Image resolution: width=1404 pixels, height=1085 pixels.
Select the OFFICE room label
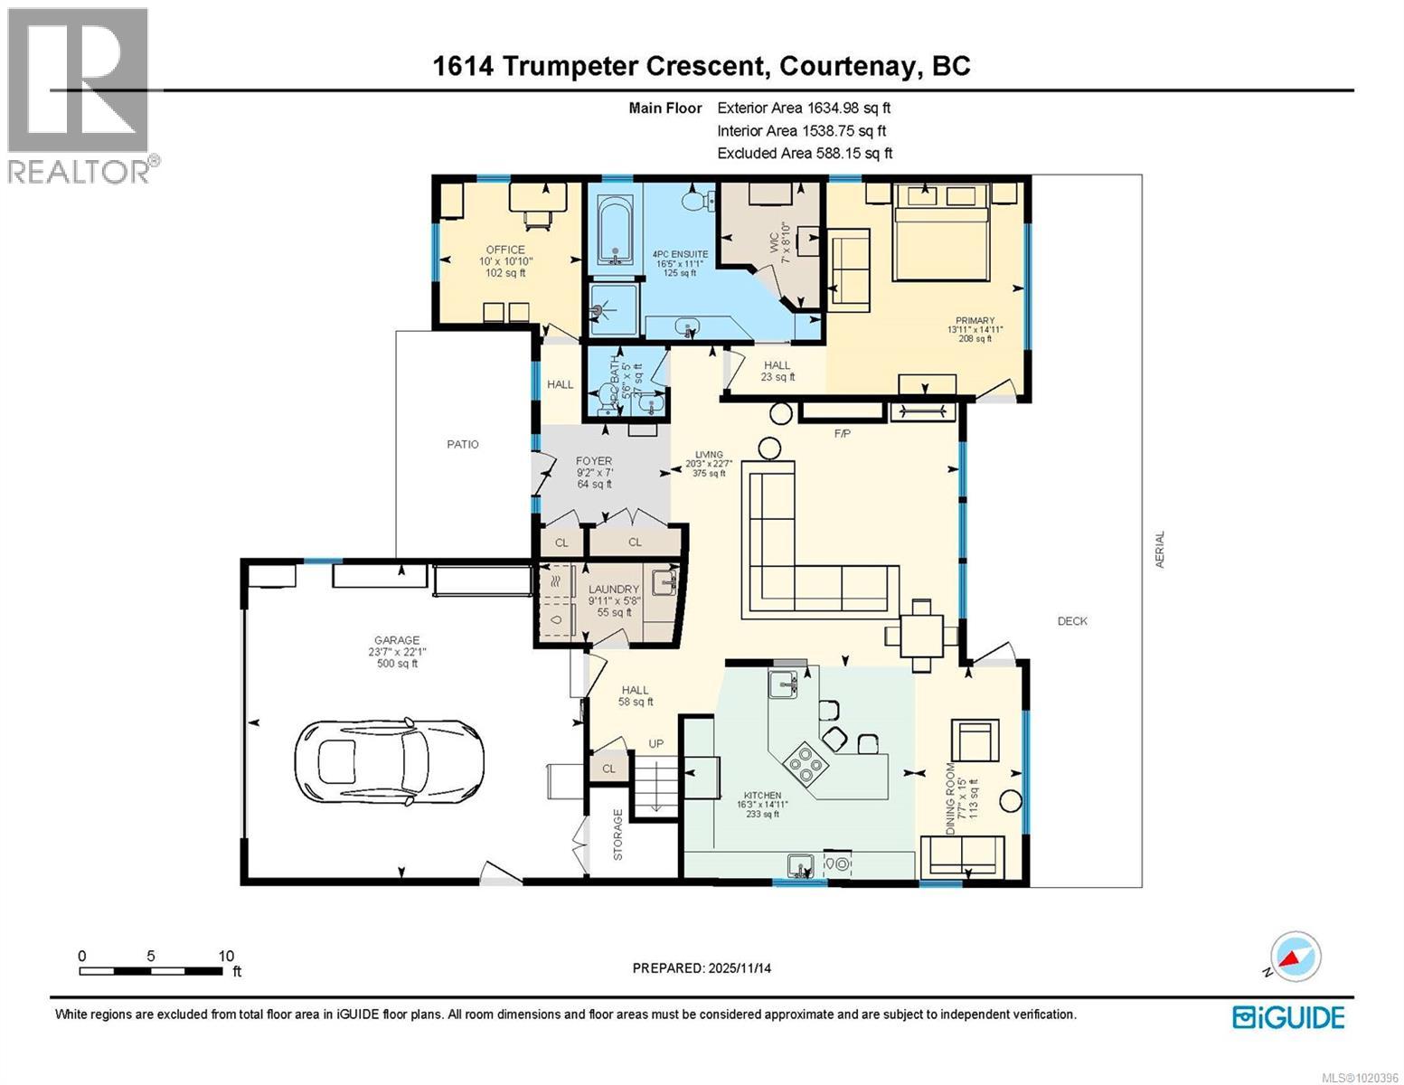[x=504, y=250]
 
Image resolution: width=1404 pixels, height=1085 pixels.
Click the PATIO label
[x=462, y=444]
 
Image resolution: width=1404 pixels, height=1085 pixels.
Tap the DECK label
[x=1072, y=621]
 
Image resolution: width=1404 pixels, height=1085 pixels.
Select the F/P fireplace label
[x=842, y=434]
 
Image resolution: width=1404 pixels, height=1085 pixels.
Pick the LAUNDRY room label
[x=614, y=590]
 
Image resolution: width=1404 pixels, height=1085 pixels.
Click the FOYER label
[x=594, y=461]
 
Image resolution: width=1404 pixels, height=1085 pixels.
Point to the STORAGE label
[x=618, y=834]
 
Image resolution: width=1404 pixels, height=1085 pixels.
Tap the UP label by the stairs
[x=655, y=743]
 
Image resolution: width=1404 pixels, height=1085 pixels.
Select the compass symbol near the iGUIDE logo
[x=1296, y=957]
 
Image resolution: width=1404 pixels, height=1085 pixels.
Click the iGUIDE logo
[x=1288, y=1017]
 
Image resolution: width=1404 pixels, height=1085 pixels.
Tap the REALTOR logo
[x=80, y=95]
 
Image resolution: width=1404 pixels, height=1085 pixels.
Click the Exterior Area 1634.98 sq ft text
[x=804, y=108]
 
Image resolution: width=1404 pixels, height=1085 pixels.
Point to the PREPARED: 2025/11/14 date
[x=702, y=968]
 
